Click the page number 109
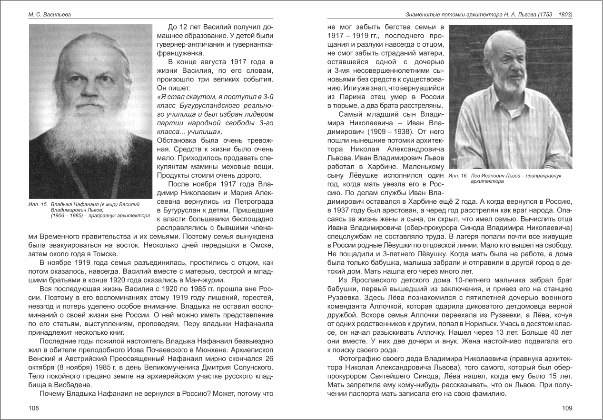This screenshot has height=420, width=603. (567, 408)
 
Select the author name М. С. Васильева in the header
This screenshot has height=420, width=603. (49, 15)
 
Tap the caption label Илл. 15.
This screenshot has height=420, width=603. (38, 204)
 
